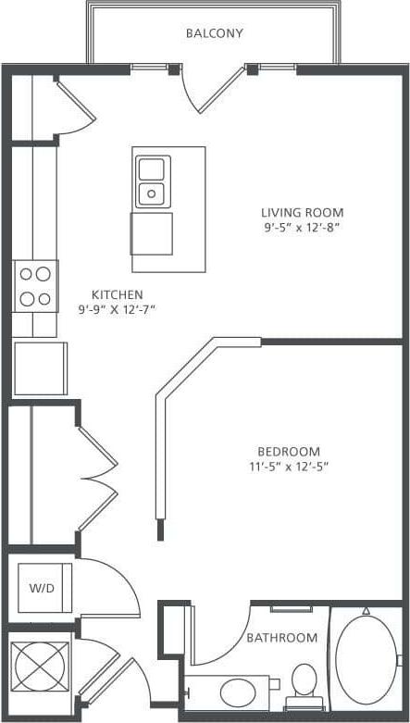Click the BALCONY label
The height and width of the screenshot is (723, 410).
click(214, 33)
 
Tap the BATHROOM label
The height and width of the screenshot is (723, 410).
click(281, 638)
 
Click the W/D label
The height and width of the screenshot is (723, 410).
click(41, 588)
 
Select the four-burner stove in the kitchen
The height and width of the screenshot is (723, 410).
click(35, 285)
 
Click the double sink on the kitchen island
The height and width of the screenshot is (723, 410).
click(151, 181)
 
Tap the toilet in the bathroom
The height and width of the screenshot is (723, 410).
click(303, 682)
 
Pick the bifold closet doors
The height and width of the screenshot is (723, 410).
click(96, 477)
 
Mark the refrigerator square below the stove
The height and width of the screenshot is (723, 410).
click(40, 368)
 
